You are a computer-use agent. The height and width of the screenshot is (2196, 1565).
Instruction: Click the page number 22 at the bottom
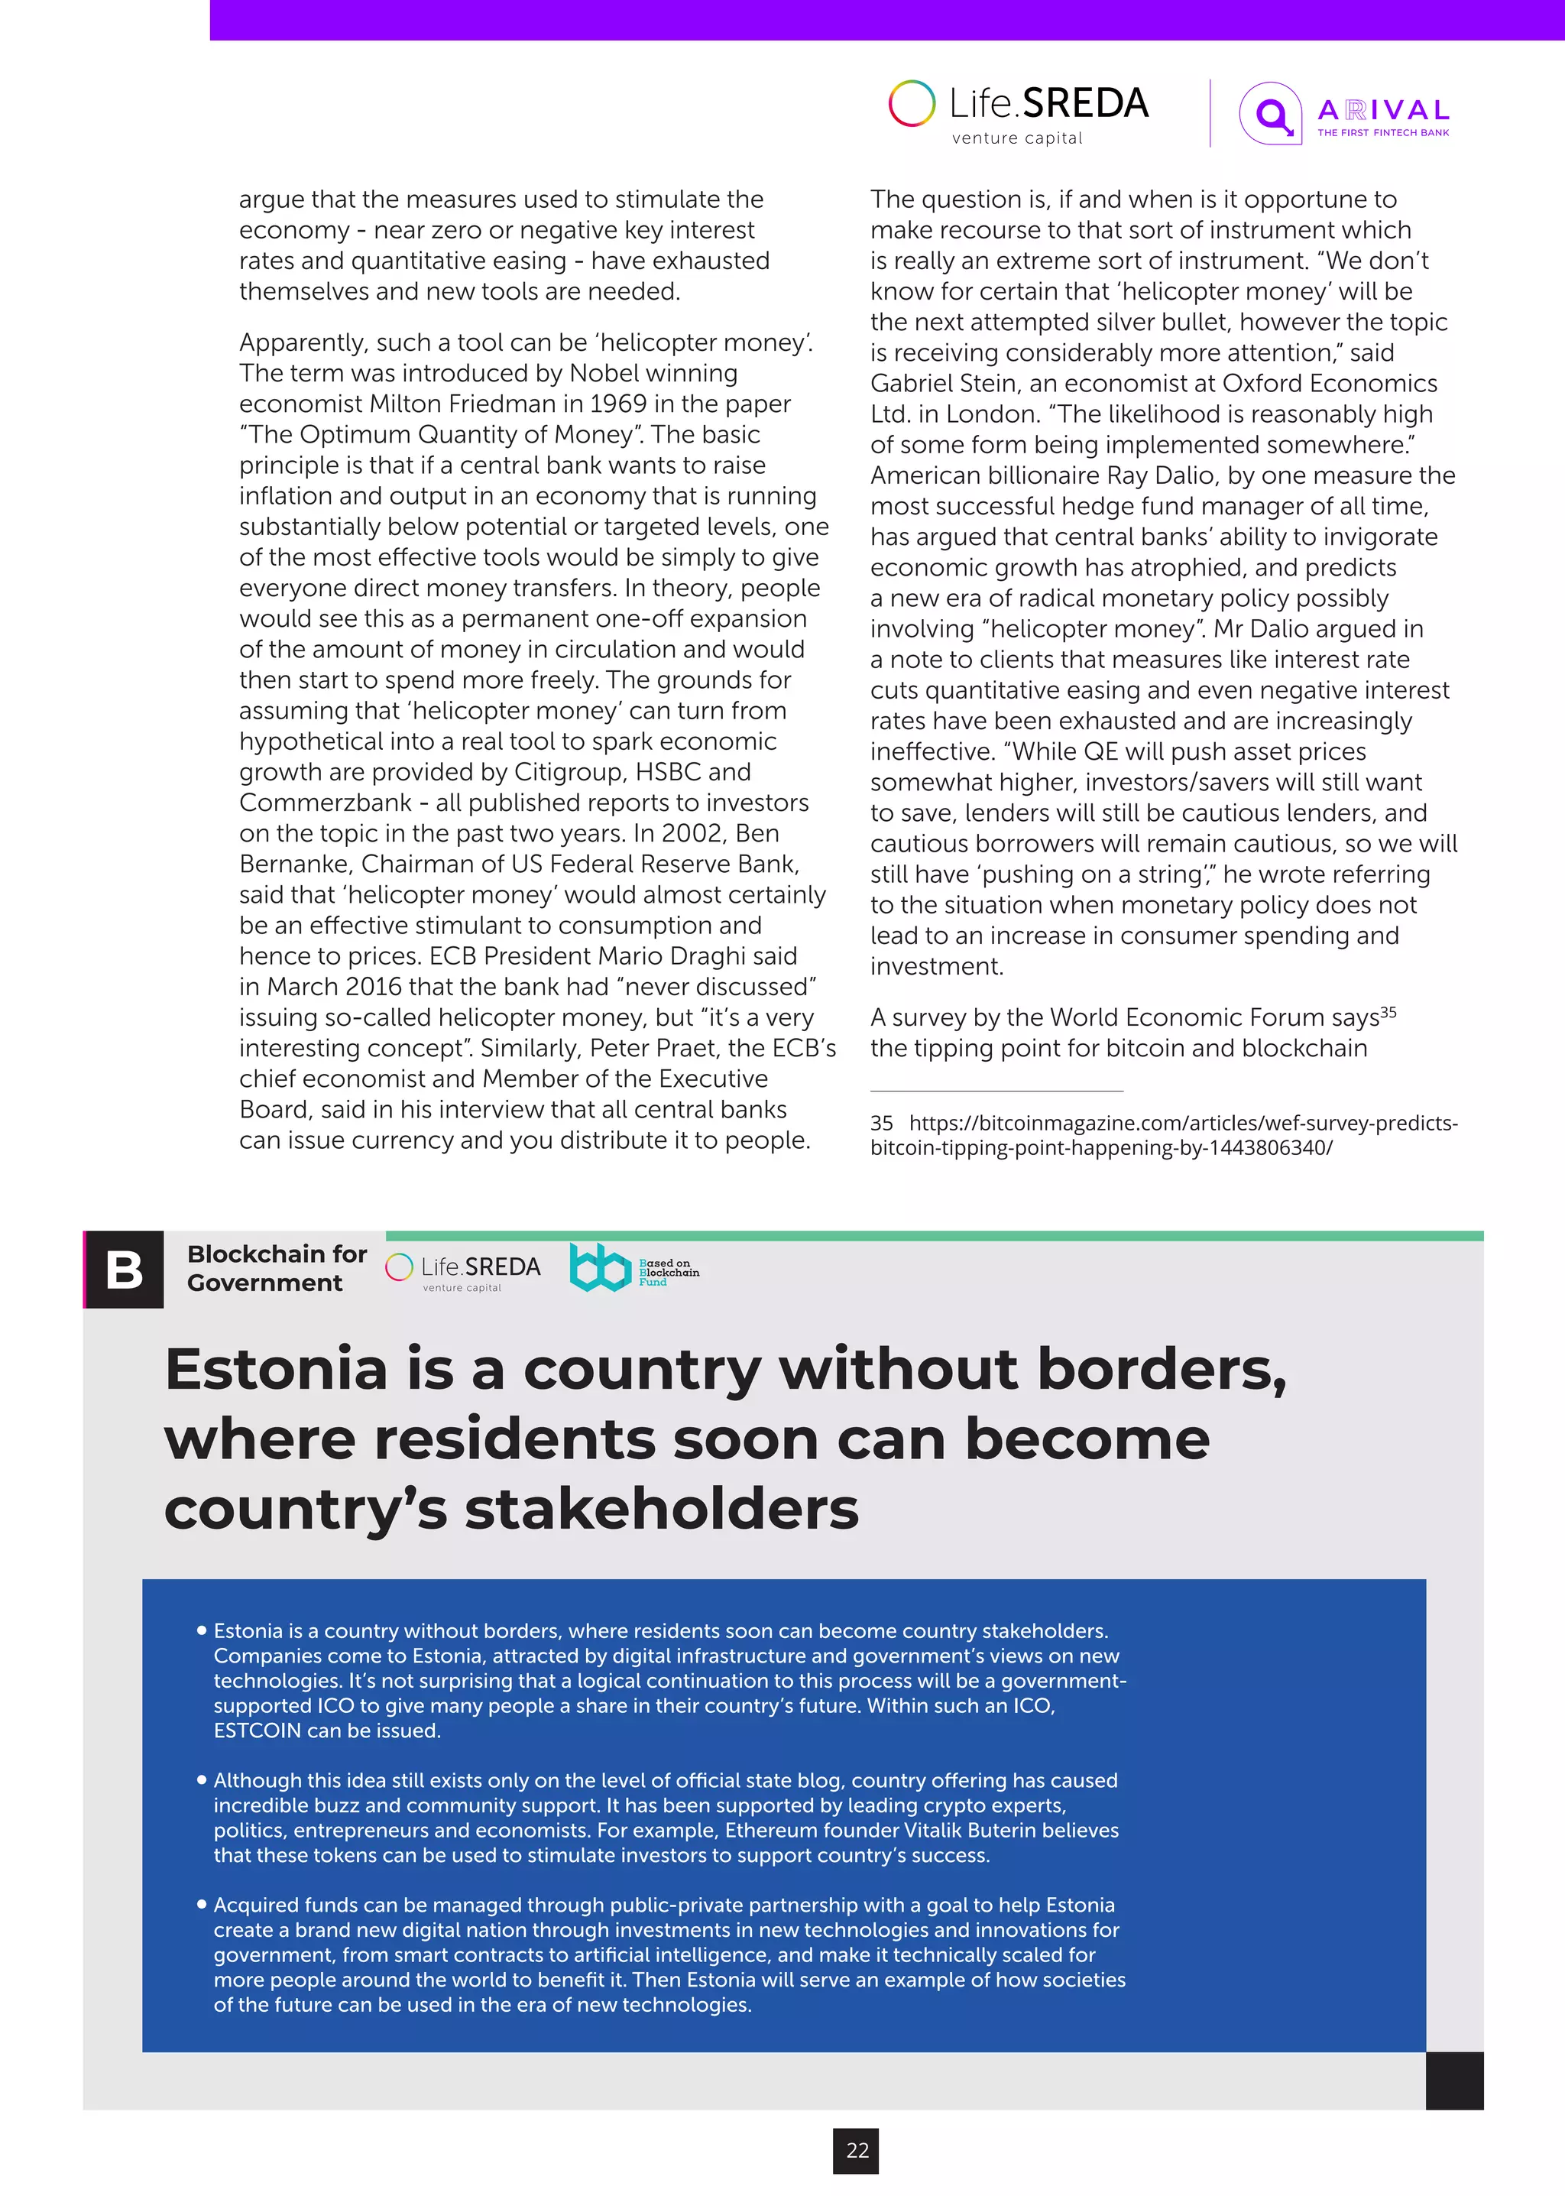[857, 2149]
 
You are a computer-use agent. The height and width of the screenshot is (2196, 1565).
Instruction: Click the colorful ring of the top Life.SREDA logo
[912, 103]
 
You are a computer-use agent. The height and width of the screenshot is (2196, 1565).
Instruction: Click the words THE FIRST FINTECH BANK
[1383, 133]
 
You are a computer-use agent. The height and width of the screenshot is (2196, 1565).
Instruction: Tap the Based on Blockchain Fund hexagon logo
[599, 1267]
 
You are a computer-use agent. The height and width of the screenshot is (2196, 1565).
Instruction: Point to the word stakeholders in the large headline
[661, 1509]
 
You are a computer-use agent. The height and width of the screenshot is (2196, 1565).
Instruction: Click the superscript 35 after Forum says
[1388, 1011]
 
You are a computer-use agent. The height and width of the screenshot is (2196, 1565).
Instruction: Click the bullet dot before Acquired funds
[202, 1904]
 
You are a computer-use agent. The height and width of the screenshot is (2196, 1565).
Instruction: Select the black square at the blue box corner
[1454, 2081]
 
